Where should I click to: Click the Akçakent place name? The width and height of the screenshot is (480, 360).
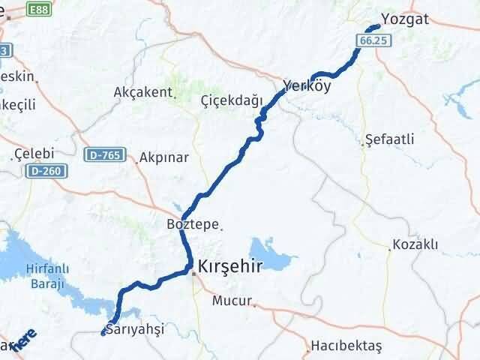pos(142,92)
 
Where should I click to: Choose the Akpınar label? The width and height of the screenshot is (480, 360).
pos(163,158)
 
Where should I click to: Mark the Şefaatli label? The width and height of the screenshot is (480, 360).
pos(388,140)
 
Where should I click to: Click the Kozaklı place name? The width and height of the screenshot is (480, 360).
pos(415,245)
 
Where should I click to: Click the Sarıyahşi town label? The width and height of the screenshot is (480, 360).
pos(135,329)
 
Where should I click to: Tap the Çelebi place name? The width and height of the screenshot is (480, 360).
pos(31,154)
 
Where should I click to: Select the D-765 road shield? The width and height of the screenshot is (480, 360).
pos(103,155)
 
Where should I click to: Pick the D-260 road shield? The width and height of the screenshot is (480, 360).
pos(46,172)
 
